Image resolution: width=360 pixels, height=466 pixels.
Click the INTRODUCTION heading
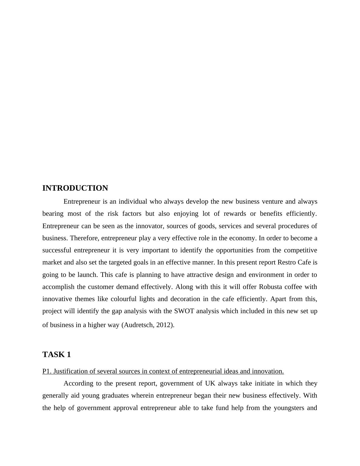point(75,188)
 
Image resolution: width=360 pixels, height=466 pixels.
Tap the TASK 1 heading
point(57,355)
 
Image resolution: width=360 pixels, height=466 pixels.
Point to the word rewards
point(235,214)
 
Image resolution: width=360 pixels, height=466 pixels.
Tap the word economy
point(243,238)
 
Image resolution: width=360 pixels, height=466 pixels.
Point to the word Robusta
point(270,287)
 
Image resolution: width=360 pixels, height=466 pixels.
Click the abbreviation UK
point(210,383)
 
